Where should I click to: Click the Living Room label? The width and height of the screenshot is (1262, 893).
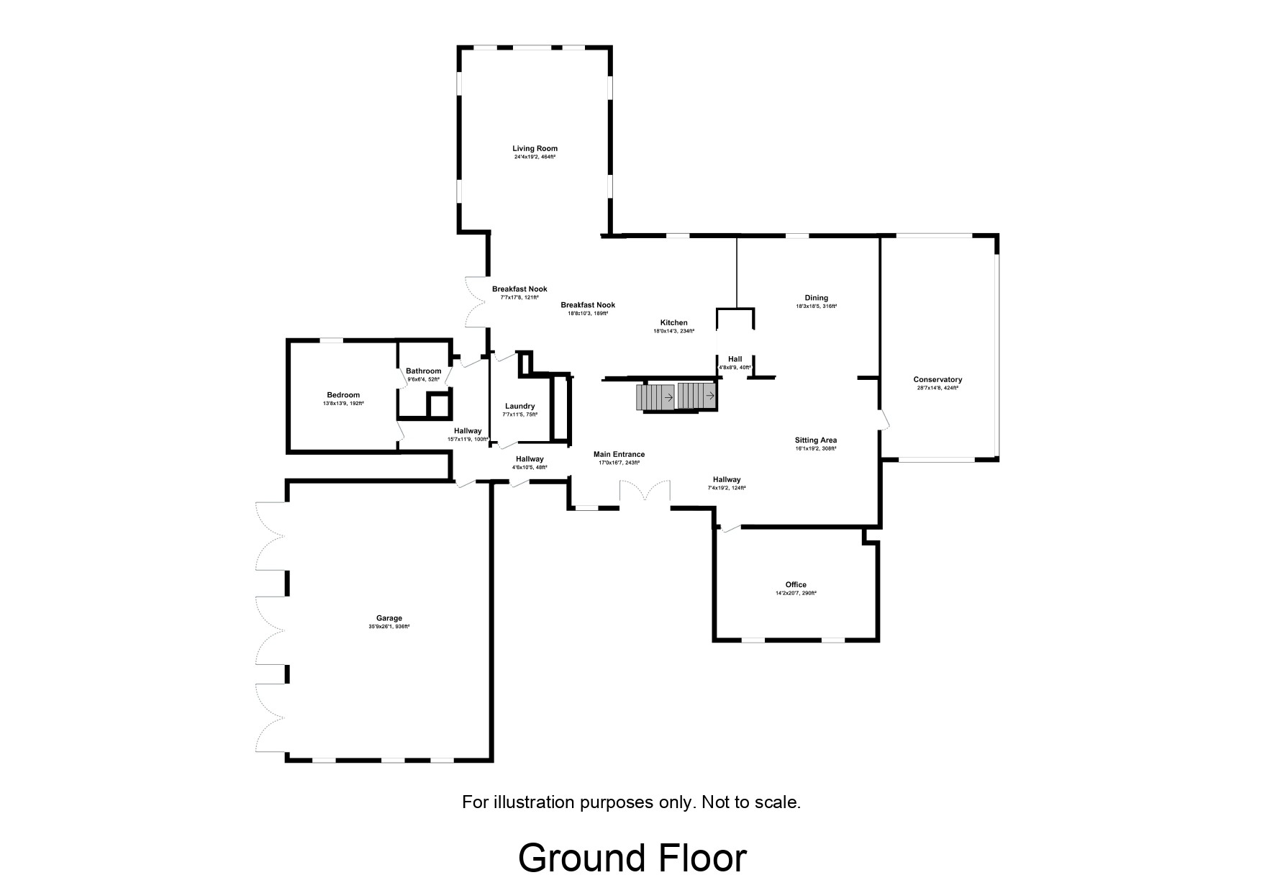coord(535,149)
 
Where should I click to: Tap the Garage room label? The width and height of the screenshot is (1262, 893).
coord(389,618)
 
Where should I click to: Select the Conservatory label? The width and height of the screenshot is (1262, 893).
coord(938,380)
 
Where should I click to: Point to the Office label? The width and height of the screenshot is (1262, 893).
coord(796,585)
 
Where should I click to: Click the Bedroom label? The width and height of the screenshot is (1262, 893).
coord(343,395)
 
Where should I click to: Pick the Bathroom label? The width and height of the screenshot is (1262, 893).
coord(423,371)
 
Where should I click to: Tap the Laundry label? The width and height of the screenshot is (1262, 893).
coord(519,407)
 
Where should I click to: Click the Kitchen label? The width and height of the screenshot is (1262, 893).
coord(674,322)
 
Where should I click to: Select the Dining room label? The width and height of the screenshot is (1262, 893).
coord(817,298)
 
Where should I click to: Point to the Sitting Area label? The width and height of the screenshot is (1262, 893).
coord(816,440)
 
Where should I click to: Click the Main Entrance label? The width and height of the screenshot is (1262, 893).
coord(619,455)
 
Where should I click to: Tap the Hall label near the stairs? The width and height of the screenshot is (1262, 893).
coord(735,359)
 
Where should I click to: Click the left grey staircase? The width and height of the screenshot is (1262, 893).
coord(655,396)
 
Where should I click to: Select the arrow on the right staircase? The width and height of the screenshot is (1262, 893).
coord(709,395)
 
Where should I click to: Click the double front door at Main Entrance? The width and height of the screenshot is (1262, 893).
coord(645,492)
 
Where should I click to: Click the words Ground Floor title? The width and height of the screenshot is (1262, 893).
coord(632,858)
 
